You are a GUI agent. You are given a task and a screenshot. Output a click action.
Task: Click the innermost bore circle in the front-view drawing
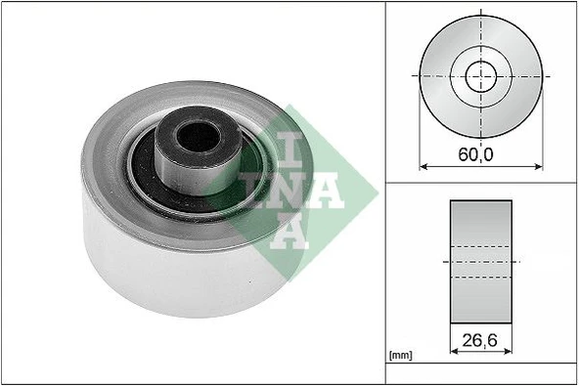[480, 74]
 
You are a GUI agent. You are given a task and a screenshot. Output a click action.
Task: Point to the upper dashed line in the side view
[480, 246]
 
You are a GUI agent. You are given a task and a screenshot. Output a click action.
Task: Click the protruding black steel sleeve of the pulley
[200, 151]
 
